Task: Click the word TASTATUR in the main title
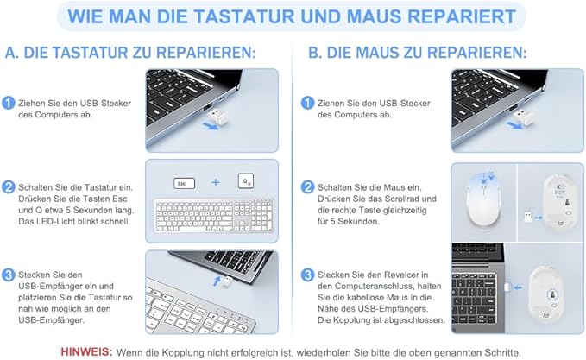coord(243,16)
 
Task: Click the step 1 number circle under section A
coord(9,103)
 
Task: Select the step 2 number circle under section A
coord(9,187)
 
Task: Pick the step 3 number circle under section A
coord(9,275)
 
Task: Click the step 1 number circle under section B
coord(307,103)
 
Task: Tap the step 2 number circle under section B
coord(307,187)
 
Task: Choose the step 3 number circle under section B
coord(307,275)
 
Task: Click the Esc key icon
coord(184,184)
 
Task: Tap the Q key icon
coord(246,181)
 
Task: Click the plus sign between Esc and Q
coord(216,182)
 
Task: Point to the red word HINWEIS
coord(86,351)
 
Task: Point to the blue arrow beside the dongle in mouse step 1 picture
coord(514,125)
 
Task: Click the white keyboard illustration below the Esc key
coord(214,215)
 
